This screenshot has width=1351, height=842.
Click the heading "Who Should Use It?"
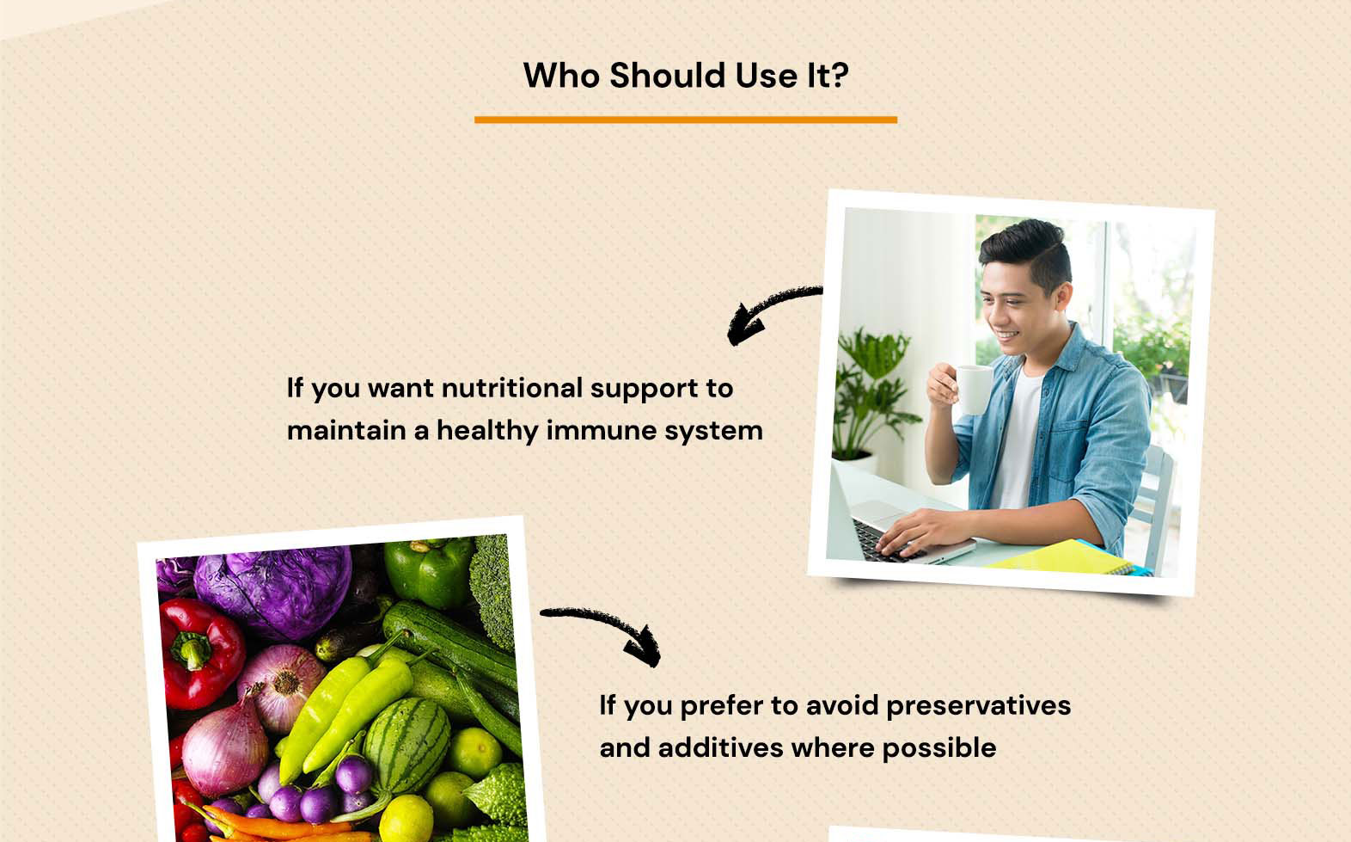click(x=686, y=76)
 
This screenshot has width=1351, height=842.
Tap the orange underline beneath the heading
click(x=686, y=120)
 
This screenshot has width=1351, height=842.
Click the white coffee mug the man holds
click(x=973, y=389)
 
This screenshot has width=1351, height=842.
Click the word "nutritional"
click(x=512, y=388)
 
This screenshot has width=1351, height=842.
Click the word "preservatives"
click(x=978, y=705)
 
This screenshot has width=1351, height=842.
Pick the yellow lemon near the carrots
click(x=407, y=819)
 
